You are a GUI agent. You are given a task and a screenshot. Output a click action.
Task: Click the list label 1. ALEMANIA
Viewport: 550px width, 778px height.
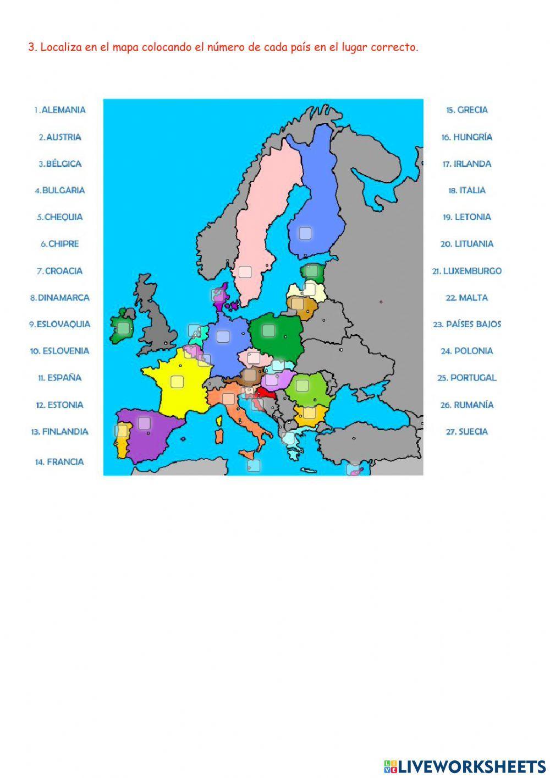click(60, 110)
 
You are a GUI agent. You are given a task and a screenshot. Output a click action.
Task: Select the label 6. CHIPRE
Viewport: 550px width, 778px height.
click(60, 244)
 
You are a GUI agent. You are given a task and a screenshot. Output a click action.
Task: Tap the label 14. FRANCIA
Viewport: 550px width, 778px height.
click(59, 462)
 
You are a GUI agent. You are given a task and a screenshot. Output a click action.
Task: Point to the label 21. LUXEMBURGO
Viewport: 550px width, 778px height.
click(466, 271)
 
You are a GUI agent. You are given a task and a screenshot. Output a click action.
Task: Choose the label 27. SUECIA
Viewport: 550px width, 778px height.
click(466, 432)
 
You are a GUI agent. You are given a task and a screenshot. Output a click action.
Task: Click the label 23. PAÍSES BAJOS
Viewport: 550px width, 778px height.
click(467, 324)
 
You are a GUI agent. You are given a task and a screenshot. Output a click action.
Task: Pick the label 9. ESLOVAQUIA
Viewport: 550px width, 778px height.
click(60, 324)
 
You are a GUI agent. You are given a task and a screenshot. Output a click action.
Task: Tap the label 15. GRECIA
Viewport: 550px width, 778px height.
click(466, 110)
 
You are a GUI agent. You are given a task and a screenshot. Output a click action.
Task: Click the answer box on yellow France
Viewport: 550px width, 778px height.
click(177, 382)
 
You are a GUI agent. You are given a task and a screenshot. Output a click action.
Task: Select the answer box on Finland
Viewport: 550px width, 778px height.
click(305, 233)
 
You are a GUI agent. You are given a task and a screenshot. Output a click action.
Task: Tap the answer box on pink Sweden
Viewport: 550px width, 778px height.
click(245, 272)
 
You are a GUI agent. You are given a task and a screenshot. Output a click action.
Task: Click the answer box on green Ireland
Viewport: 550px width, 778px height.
click(123, 329)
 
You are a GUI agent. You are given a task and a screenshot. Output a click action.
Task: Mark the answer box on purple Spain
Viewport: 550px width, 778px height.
click(144, 423)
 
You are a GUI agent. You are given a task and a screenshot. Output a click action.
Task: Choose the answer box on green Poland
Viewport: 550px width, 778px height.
click(268, 330)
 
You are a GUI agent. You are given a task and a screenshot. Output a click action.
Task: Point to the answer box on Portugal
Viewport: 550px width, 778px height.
click(121, 431)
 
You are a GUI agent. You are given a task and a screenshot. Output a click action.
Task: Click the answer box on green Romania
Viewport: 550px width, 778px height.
click(302, 385)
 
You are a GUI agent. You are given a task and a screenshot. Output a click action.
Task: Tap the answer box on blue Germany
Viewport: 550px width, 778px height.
click(223, 336)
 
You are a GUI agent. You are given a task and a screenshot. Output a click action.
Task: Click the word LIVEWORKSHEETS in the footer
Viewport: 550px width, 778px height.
click(471, 766)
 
